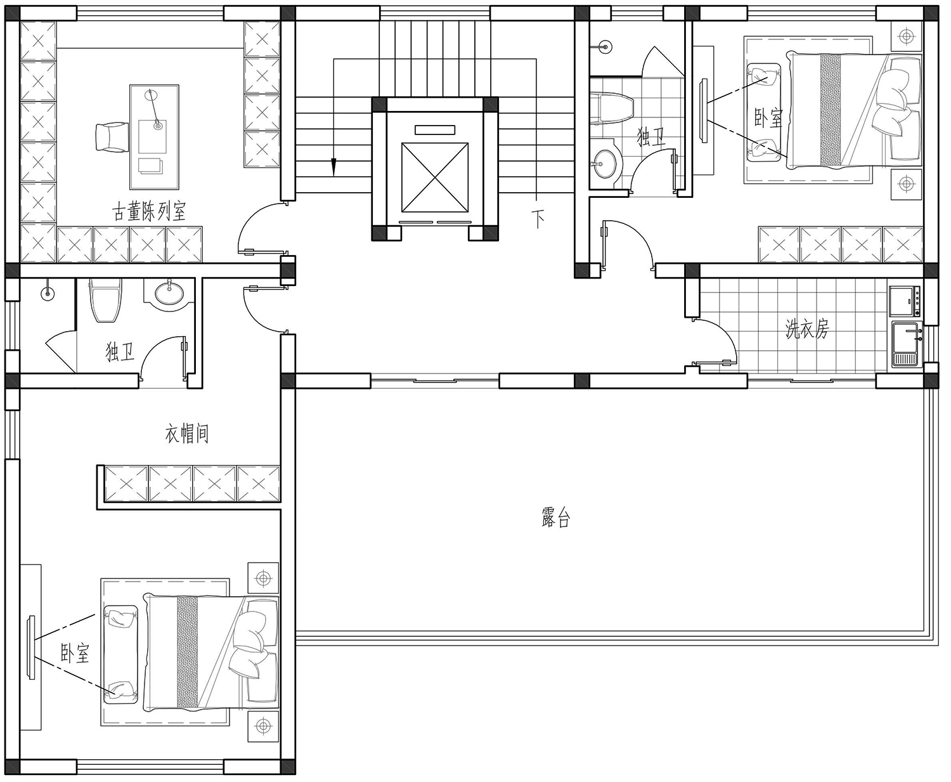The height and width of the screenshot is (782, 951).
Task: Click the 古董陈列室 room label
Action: [x=149, y=211]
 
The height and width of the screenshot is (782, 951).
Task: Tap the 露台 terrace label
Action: [x=556, y=518]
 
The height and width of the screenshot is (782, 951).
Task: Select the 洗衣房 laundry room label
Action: [x=806, y=329]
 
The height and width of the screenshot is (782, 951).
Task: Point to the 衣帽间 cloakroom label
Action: [x=186, y=434]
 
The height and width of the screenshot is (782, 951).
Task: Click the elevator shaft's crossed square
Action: [x=435, y=177]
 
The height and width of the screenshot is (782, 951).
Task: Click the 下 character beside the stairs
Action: [x=538, y=219]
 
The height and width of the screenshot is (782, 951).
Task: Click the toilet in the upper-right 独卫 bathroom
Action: [x=611, y=107]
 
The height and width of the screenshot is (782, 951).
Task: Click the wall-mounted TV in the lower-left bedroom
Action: [x=32, y=647]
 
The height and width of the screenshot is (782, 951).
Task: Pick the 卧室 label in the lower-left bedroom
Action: [x=75, y=653]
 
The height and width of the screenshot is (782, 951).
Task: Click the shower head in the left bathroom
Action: [x=48, y=293]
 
